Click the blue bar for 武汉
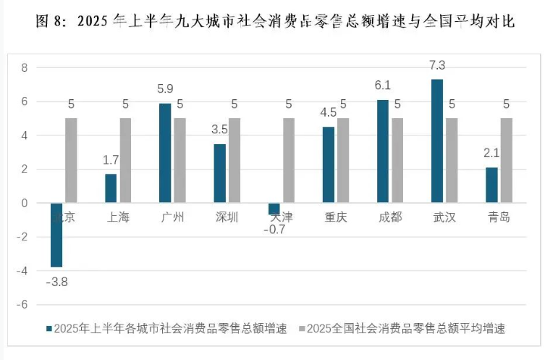[x=437, y=141]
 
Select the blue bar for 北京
[x=56, y=235]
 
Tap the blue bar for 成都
[x=383, y=151]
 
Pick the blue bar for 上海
[x=111, y=188]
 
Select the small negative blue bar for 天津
[x=274, y=209]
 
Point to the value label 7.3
[x=436, y=66]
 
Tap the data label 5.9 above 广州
[x=165, y=90]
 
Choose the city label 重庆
[x=335, y=217]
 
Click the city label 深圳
[x=227, y=217]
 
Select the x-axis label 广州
[x=172, y=217]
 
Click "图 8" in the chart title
[x=50, y=21]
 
